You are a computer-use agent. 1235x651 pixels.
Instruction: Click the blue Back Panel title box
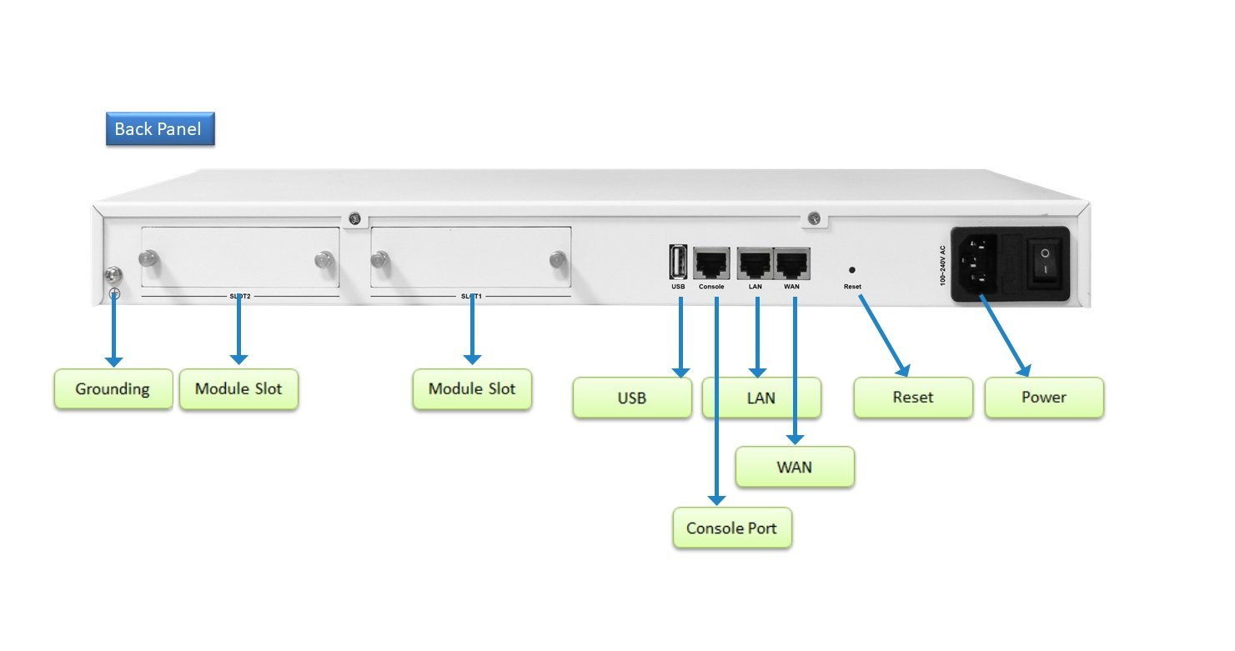[x=160, y=129]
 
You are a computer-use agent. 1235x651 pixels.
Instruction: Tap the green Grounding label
[x=113, y=389]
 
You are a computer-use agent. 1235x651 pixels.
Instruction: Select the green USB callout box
[x=632, y=398]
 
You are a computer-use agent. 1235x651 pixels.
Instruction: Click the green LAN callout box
[x=761, y=398]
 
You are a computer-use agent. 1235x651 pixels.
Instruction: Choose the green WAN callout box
[x=795, y=467]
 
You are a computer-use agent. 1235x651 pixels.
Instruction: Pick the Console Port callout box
[x=731, y=528]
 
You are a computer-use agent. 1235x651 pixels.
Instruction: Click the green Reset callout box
[x=913, y=398]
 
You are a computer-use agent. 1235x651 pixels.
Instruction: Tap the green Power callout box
[x=1044, y=398]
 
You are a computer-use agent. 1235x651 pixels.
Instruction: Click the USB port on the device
[x=678, y=262]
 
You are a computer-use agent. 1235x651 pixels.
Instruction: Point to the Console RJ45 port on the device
[x=711, y=263]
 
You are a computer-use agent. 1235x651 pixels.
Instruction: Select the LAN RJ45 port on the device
[x=755, y=263]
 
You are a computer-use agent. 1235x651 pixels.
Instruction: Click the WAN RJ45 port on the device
[x=791, y=263]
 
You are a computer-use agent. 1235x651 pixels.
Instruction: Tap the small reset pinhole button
[x=851, y=270]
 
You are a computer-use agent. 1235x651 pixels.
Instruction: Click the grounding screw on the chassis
[x=113, y=274]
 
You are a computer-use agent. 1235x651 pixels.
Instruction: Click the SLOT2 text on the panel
[x=240, y=297]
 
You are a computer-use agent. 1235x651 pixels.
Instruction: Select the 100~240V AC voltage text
[x=942, y=266]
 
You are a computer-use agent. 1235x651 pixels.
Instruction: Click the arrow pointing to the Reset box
[x=884, y=336]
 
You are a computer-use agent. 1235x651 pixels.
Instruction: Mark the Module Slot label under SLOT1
[x=472, y=389]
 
